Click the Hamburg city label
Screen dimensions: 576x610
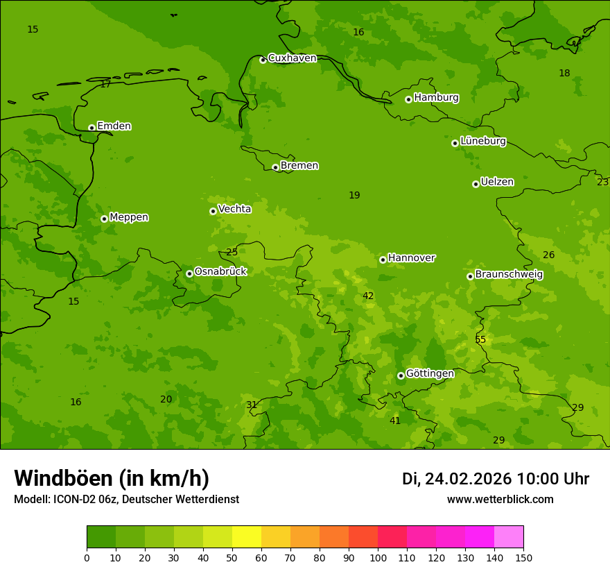coord(436,98)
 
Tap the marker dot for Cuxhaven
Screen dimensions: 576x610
coord(263,60)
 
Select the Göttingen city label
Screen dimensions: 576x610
coord(430,374)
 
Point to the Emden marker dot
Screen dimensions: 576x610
coord(91,128)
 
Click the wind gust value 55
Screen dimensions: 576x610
coord(480,339)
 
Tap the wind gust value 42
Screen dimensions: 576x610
coord(368,296)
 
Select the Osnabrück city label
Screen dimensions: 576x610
coord(220,271)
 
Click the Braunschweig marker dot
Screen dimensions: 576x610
coord(470,276)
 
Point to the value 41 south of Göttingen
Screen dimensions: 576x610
coord(395,421)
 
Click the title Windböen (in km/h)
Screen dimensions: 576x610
coord(112,478)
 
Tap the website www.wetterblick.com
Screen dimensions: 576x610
coord(500,500)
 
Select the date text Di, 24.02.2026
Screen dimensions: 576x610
coord(457,479)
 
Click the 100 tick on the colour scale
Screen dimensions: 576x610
coord(378,557)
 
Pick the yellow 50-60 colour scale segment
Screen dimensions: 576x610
coord(247,537)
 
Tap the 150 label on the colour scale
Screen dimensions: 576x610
coord(523,557)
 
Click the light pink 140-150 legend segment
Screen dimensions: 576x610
coord(509,537)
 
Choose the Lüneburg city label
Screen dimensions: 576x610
coord(482,141)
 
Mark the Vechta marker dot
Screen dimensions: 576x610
coord(213,211)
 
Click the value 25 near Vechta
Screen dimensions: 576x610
coord(232,252)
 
